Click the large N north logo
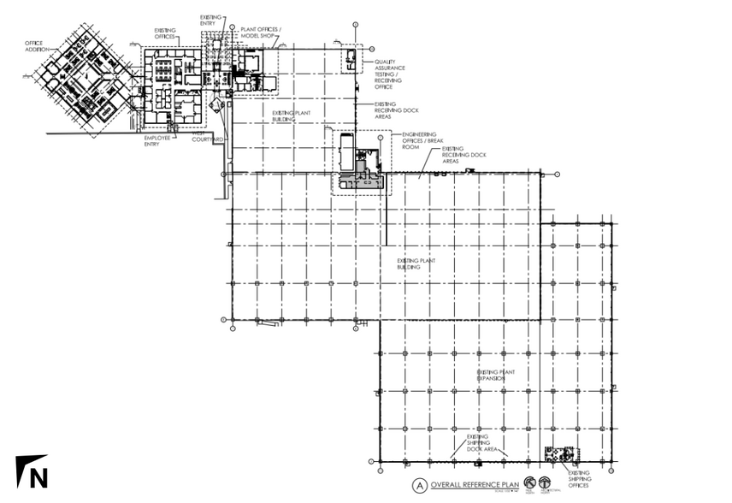pos(32,472)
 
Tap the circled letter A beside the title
pos(419,485)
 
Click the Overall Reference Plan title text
pos(469,485)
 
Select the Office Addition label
pos(36,46)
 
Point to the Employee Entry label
pos(156,140)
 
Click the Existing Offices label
pos(166,34)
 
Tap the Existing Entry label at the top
pos(210,20)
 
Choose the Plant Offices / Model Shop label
pos(262,33)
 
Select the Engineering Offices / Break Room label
pos(413,140)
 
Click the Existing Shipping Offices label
pos(579,479)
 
